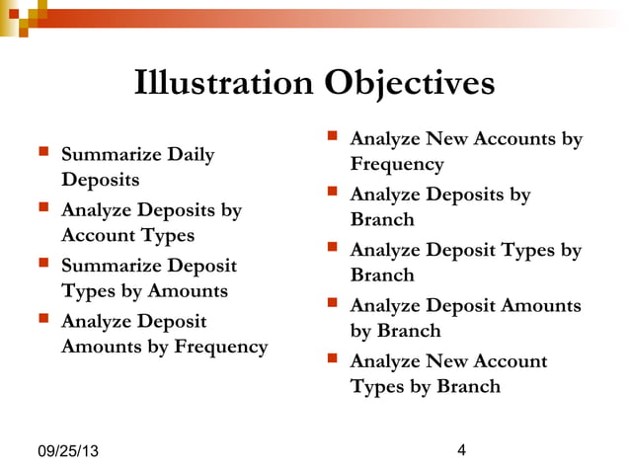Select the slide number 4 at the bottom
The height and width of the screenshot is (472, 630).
pos(461,450)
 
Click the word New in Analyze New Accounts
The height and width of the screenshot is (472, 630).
pos(447,139)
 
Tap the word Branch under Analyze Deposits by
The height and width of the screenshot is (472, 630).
pos(381,220)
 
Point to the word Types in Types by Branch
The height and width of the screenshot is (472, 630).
pos(376,386)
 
